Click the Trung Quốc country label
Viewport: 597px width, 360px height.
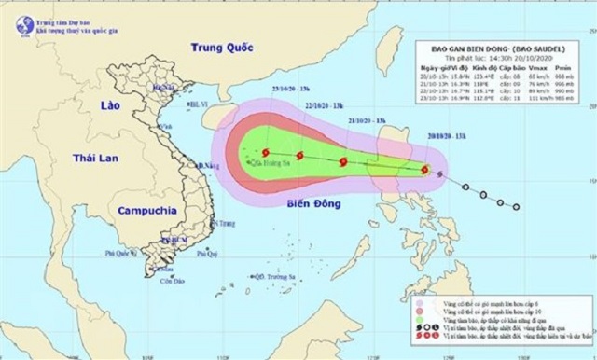point(222,48)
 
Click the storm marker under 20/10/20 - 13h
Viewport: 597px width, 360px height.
point(426,171)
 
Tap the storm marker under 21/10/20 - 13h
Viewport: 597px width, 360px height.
point(342,162)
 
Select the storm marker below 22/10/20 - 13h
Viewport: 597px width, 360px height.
point(299,157)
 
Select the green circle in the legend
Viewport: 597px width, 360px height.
point(421,325)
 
